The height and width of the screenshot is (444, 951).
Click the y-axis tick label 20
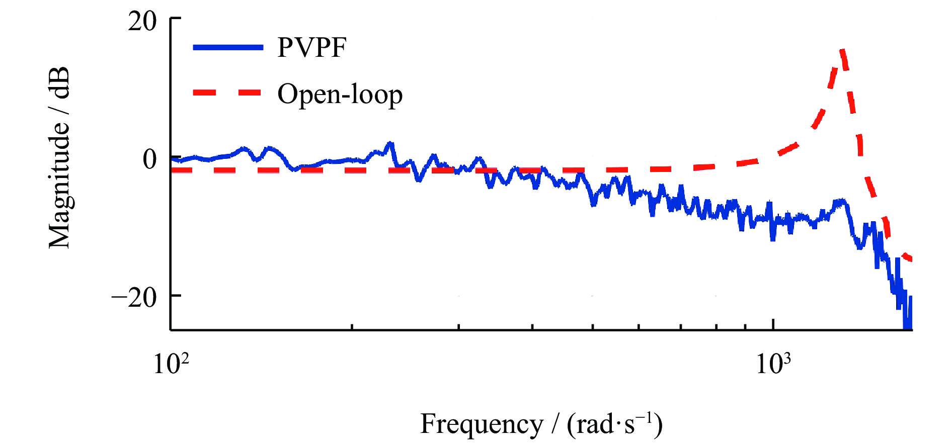coord(142,22)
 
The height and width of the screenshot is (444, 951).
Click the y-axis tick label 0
coord(149,159)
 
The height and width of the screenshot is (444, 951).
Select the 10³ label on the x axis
coord(773,363)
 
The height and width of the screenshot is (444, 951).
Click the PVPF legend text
coord(312,48)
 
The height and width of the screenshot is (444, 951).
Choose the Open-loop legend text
coord(340,95)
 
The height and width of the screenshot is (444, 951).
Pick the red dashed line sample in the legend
coord(228,93)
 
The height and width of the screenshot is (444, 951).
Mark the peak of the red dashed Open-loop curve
coord(842,50)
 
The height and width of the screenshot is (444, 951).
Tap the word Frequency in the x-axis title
coord(482,423)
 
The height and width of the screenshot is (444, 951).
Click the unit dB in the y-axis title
coord(59,83)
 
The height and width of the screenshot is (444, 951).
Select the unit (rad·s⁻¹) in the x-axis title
coord(614,423)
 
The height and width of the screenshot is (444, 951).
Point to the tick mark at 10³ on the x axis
coord(773,325)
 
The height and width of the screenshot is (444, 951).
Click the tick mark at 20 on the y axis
coord(176,19)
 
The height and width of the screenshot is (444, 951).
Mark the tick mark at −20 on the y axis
coord(176,295)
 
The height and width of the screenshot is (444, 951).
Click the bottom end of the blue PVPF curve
coord(907,328)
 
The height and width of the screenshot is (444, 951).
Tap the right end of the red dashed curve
coord(911,260)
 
